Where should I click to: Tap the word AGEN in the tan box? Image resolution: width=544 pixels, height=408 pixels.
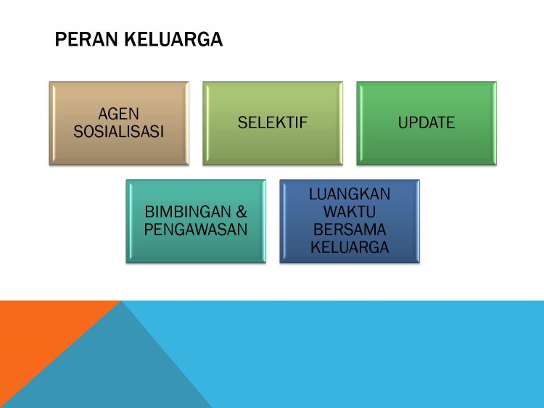click(x=118, y=114)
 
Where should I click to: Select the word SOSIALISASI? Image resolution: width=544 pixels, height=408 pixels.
click(x=118, y=131)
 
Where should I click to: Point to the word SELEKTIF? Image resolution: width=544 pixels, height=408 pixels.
click(x=273, y=122)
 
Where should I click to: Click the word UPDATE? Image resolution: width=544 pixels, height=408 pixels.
click(x=426, y=122)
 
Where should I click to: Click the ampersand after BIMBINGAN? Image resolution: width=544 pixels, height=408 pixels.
click(x=241, y=213)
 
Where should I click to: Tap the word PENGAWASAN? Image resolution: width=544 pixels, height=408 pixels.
click(x=196, y=230)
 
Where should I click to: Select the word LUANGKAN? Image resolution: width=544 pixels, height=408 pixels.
click(x=350, y=194)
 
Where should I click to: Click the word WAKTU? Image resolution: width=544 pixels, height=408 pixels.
click(x=350, y=212)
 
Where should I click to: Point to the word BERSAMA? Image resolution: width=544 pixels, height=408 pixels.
click(x=350, y=230)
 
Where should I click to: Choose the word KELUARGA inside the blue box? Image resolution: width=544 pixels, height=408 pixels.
click(x=350, y=248)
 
